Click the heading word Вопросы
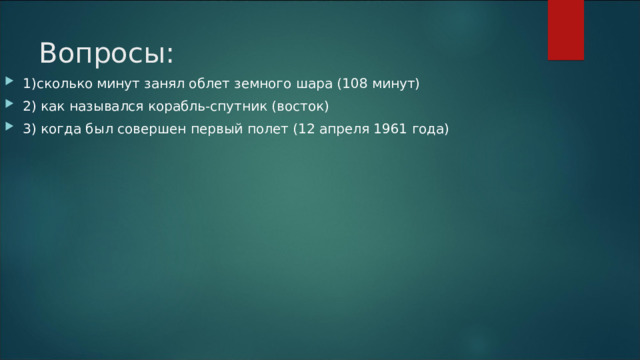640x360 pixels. [x=106, y=52]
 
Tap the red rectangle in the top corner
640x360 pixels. [x=565, y=29]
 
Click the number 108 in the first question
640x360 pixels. [x=358, y=83]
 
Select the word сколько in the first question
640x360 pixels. [x=63, y=83]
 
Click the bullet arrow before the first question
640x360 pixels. [x=9, y=83]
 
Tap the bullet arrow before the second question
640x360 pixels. [x=9, y=106]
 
